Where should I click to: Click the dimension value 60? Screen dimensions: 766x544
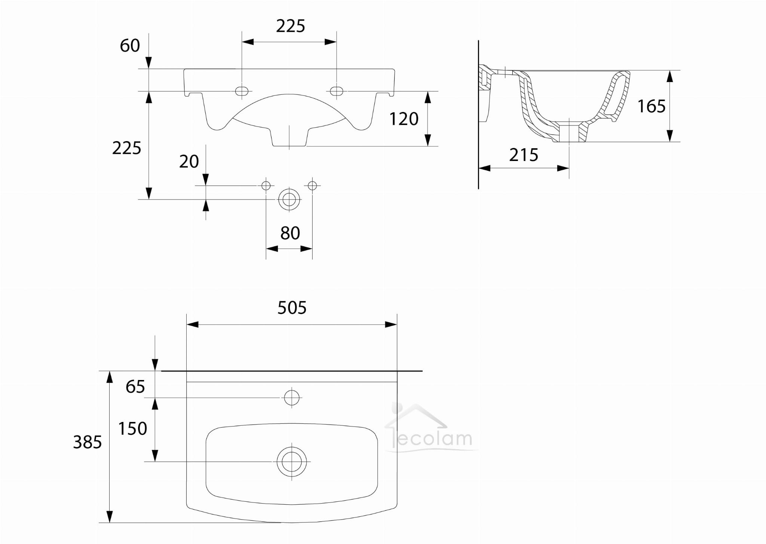coord(130,46)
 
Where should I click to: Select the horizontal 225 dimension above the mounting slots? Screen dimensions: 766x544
coord(291,26)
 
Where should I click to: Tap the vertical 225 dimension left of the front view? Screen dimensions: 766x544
coord(127,148)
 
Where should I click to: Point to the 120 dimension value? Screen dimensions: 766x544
coord(404,119)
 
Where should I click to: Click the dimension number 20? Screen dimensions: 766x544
coord(189,162)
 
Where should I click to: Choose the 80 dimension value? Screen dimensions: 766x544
coord(290,233)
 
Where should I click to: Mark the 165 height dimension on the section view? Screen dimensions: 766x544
coord(652,106)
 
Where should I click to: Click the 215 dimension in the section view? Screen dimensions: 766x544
coord(524,155)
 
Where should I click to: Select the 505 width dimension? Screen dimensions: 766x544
coord(292,308)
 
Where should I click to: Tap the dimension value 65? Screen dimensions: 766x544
coord(135,387)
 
